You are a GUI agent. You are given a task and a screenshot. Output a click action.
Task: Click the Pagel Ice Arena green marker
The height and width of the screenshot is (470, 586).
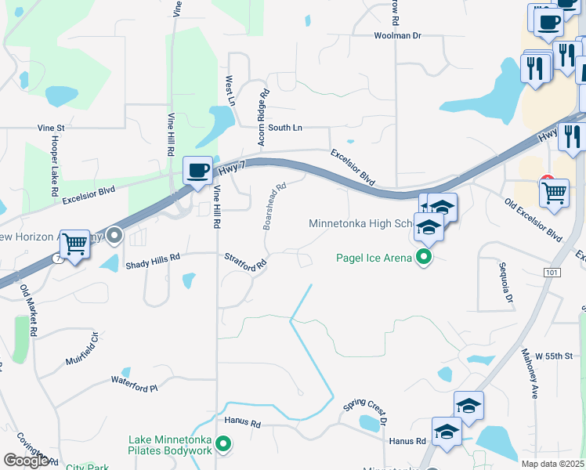[x=424, y=257]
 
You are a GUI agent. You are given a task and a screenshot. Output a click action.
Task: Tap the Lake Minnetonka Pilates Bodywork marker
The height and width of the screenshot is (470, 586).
[x=223, y=445]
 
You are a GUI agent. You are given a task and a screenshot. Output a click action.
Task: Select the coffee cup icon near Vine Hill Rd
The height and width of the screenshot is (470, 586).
[x=197, y=170]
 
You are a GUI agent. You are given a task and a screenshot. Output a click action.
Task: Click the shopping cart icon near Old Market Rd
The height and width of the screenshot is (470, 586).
[x=74, y=244]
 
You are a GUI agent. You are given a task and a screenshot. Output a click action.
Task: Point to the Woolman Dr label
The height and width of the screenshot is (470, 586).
[x=398, y=36]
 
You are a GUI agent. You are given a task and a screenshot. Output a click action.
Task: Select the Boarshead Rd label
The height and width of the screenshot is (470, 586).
[x=274, y=207]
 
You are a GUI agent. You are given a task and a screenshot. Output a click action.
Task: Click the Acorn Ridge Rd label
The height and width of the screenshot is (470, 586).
[x=263, y=117]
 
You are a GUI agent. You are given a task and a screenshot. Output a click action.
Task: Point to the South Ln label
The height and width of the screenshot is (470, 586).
[x=284, y=128]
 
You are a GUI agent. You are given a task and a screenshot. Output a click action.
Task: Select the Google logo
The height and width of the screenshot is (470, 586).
[x=27, y=461]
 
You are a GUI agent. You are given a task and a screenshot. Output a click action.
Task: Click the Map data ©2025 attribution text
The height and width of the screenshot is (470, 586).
[x=553, y=464]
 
